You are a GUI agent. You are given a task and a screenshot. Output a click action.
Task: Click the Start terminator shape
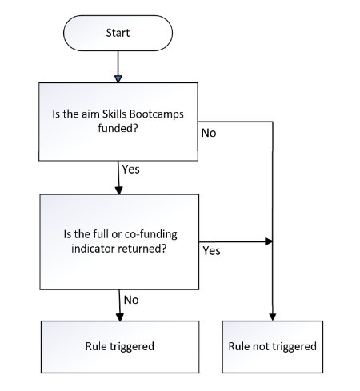click(x=118, y=33)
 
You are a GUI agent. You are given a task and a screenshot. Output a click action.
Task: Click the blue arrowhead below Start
click(x=118, y=79)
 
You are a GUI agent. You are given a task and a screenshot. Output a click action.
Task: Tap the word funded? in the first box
click(x=118, y=128)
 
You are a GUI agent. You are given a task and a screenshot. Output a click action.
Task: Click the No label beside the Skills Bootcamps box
click(x=209, y=133)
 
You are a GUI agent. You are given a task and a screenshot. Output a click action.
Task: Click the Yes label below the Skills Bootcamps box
click(x=130, y=170)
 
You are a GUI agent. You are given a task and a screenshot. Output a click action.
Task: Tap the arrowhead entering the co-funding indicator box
click(x=119, y=190)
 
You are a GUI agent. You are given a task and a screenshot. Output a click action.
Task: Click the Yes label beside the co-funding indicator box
click(x=211, y=251)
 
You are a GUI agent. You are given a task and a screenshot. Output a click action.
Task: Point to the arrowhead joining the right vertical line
click(x=269, y=241)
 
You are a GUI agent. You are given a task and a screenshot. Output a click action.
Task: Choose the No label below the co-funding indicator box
click(x=131, y=300)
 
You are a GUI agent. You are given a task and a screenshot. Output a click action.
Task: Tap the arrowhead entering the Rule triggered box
click(x=120, y=317)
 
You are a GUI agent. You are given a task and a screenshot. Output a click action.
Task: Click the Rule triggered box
click(x=120, y=347)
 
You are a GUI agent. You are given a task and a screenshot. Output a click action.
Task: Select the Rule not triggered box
click(x=273, y=347)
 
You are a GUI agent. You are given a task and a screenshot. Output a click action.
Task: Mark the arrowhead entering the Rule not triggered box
click(x=273, y=317)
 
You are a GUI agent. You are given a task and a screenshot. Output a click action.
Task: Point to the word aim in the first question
click(x=90, y=114)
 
